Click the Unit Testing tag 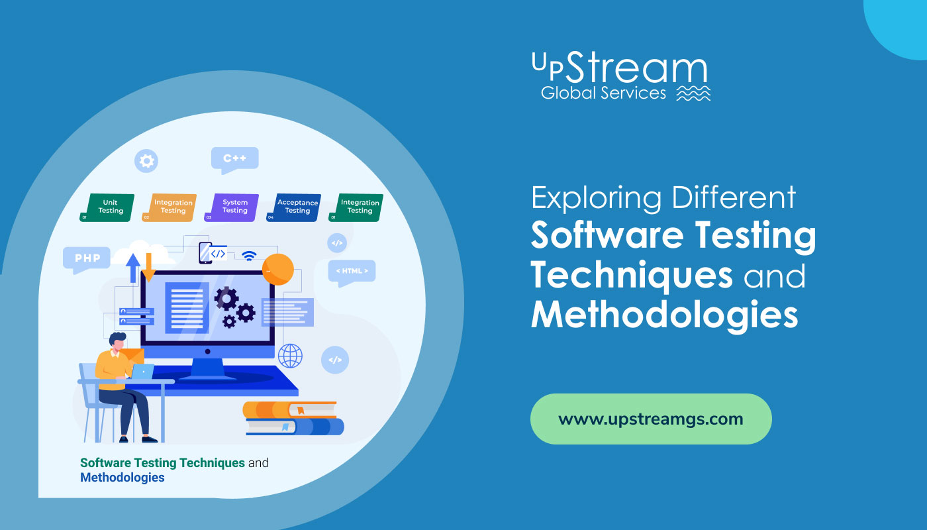pos(107,207)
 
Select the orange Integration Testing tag pos(170,207)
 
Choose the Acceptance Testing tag pos(293,207)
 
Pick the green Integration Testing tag pos(356,207)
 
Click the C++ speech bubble pos(234,160)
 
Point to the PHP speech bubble pos(87,260)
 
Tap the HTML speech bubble pos(352,273)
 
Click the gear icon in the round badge pos(146,160)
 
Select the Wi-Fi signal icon pos(249,256)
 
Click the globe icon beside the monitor pos(290,356)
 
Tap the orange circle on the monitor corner pos(278,270)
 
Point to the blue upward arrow pos(133,268)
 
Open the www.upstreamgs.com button pos(651,419)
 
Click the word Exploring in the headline pos(597,198)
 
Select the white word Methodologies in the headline pos(665,315)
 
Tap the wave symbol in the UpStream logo pos(694,93)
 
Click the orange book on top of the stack pos(290,409)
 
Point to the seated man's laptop pos(142,372)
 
